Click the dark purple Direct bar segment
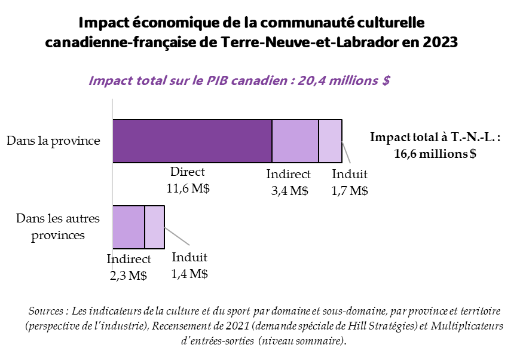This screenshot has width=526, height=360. coord(192,141)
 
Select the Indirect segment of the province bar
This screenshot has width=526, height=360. coord(295,141)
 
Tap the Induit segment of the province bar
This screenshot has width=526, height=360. coord(330,141)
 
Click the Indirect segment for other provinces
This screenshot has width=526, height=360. coord(129,227)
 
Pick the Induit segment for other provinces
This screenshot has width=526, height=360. coord(154,227)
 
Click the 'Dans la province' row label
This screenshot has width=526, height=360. coord(53,141)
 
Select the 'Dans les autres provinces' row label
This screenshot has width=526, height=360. coord(57,227)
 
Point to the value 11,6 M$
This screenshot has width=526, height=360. coord(187,188)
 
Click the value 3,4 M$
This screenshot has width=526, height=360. coord(288,191)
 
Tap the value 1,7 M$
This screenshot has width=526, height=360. coord(349,191)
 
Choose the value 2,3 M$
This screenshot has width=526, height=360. coord(129,276)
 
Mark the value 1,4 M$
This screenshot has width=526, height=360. coord(189,274)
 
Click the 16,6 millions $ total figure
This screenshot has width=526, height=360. coord(435,153)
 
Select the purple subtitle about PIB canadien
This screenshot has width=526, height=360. coord(239,81)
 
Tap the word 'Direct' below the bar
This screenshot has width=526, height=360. coord(187,172)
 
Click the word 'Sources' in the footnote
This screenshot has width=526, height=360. coord(46,312)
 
